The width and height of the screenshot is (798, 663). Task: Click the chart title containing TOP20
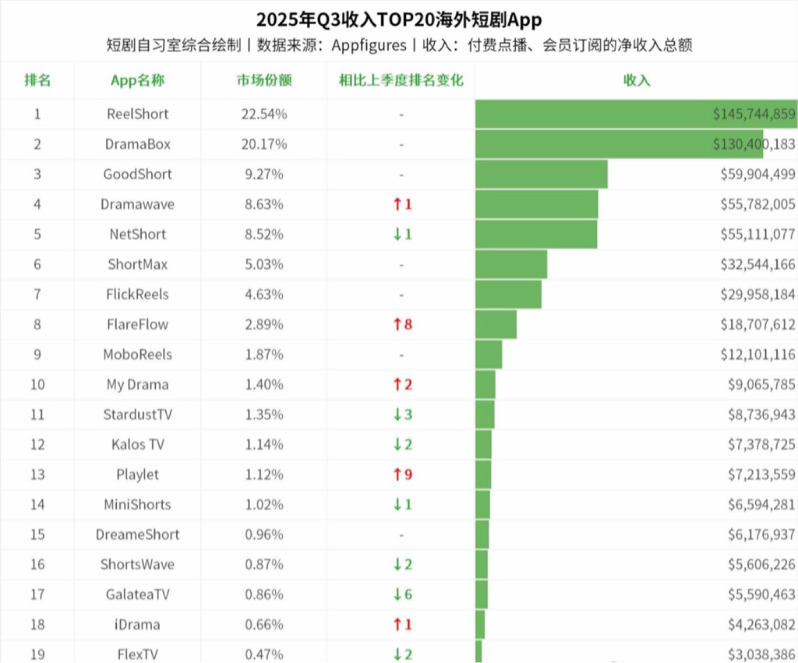pos(398,19)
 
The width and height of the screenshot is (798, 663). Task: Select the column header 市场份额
pos(264,80)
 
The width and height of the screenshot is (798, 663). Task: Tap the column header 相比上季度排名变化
pos(401,80)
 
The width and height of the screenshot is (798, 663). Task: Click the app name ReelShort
pos(137,114)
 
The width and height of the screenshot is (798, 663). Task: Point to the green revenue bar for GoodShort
pos(541,174)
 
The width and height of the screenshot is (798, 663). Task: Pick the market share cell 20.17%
pos(264,144)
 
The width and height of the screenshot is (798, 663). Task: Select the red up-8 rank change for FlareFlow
pos(402,324)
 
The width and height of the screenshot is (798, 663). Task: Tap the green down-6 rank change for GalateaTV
pos(402,594)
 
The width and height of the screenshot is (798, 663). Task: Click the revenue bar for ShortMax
pos(511,264)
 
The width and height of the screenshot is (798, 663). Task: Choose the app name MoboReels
pos(137,354)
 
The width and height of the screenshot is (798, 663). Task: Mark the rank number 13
pos(37,474)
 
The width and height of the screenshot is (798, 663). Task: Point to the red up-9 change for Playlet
pos(402,474)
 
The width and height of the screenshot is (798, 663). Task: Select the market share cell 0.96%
pos(264,534)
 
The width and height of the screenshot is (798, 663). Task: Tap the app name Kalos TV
pos(137,445)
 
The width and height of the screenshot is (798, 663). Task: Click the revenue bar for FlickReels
pos(508,294)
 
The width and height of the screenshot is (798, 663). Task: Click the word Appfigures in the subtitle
pos(369,44)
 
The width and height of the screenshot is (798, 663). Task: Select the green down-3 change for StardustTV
pos(402,414)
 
